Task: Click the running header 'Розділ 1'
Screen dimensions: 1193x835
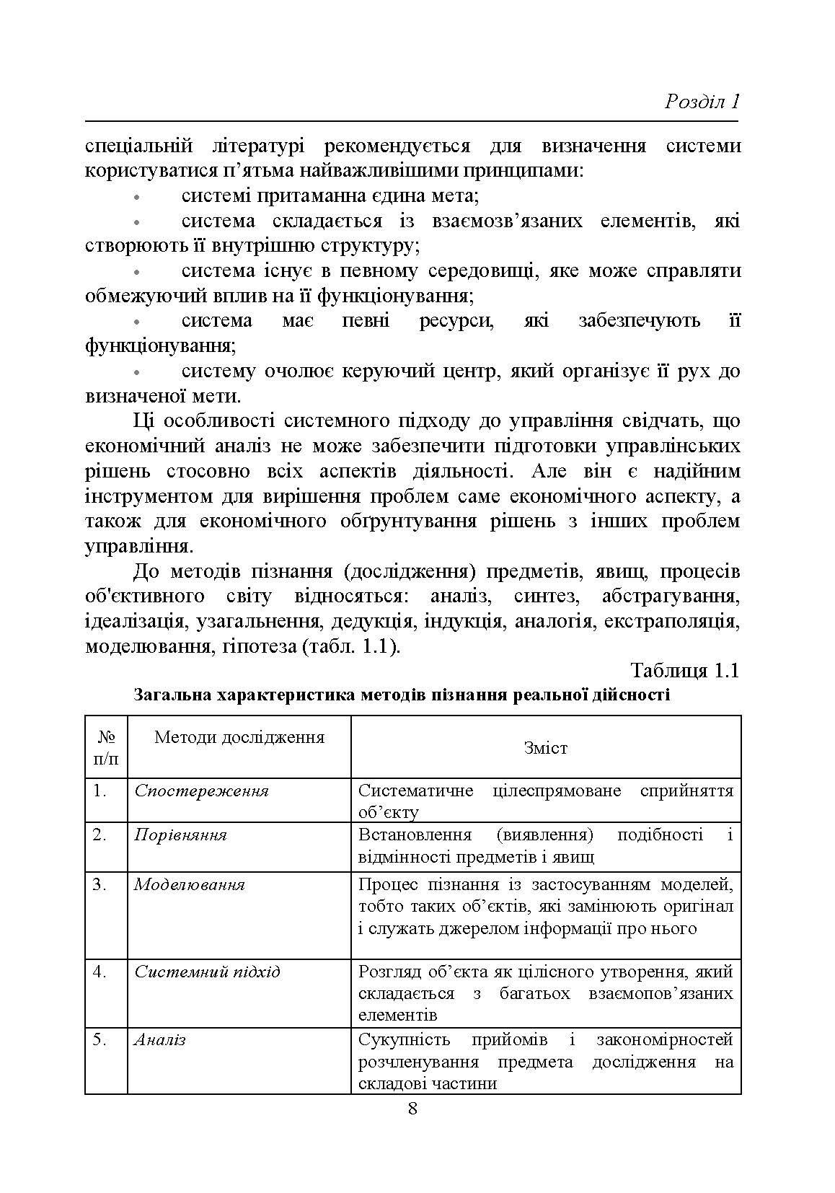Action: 702,101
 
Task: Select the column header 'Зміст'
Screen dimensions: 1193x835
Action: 546,748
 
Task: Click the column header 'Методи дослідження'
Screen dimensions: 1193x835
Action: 239,736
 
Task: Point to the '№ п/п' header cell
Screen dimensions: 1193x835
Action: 106,747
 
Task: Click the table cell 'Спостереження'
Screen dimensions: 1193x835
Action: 201,791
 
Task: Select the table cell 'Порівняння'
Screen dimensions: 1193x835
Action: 180,835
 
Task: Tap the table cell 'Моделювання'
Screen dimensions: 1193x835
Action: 189,884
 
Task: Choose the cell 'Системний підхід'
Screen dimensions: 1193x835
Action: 207,972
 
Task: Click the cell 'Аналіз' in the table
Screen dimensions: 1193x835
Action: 159,1039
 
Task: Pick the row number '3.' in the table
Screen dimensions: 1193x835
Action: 100,884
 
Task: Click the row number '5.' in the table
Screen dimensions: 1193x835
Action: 100,1039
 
